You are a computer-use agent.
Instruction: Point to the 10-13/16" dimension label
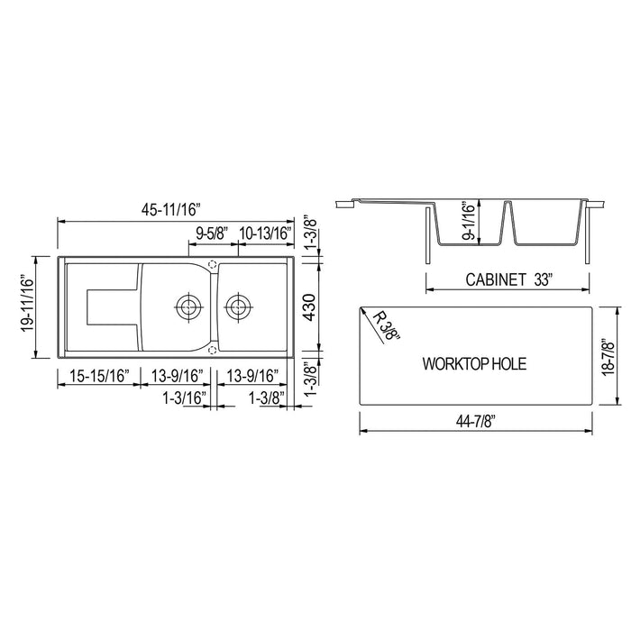(x=267, y=233)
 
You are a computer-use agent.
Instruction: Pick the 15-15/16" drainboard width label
(x=97, y=376)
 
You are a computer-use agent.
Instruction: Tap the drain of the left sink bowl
(x=188, y=306)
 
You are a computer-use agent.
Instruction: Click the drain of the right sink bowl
(x=239, y=306)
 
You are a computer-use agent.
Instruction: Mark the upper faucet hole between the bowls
(x=213, y=265)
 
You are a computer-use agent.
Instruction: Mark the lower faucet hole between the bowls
(x=213, y=348)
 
